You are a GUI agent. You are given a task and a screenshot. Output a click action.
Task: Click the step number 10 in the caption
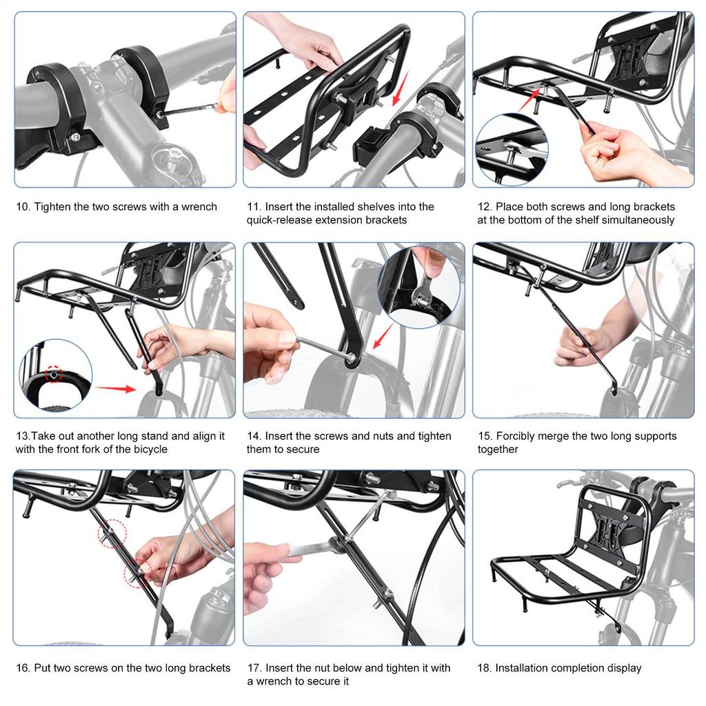click(22, 207)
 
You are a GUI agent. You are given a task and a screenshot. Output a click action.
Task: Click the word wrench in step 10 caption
click(199, 207)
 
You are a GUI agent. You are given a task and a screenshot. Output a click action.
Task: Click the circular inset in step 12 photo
click(511, 149)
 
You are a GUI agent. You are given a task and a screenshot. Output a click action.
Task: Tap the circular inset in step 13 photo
click(55, 375)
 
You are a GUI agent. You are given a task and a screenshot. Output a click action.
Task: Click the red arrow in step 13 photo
click(115, 388)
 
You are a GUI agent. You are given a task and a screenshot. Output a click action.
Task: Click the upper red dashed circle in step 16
click(112, 533)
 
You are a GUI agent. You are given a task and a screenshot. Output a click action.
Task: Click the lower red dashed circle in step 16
click(136, 569)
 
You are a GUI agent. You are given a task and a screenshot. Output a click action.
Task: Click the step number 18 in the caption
click(485, 668)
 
